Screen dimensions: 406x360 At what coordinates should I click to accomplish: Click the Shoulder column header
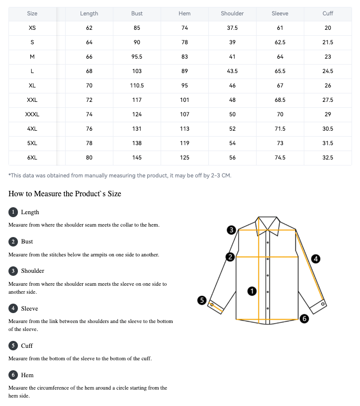coord(232,13)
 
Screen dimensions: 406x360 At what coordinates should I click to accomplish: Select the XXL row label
coord(32,100)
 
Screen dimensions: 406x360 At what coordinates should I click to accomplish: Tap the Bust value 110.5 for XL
coord(137,85)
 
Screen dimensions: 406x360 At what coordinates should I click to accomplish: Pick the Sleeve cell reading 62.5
coord(280,42)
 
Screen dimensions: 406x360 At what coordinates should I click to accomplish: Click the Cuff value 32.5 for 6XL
coord(328,158)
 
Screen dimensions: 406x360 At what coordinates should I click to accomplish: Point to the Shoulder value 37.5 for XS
coord(232,28)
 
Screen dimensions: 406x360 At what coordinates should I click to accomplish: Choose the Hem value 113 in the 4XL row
coord(184,129)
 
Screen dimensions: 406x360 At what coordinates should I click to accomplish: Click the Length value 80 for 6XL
coord(89,158)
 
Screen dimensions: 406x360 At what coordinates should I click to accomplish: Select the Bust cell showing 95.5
coord(137,57)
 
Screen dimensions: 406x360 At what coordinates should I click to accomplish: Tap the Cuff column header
coord(328,13)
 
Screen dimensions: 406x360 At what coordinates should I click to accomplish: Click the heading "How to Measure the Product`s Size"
coord(65,193)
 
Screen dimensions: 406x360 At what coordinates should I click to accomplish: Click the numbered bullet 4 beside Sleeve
coord(13,309)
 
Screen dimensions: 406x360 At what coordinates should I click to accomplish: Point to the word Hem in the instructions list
coord(27,375)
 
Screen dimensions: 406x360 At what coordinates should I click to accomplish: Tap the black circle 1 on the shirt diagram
coord(252,291)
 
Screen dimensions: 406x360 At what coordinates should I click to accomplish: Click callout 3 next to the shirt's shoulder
coord(231,230)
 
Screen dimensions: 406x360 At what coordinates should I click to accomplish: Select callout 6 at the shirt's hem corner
coord(305,319)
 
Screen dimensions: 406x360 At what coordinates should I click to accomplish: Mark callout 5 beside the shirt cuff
coord(202,300)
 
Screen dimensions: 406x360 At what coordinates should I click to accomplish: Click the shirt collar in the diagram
coord(268,223)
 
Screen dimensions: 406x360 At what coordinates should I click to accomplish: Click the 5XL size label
coord(32,143)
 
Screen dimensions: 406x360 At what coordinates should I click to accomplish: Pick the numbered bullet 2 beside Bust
coord(13,242)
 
